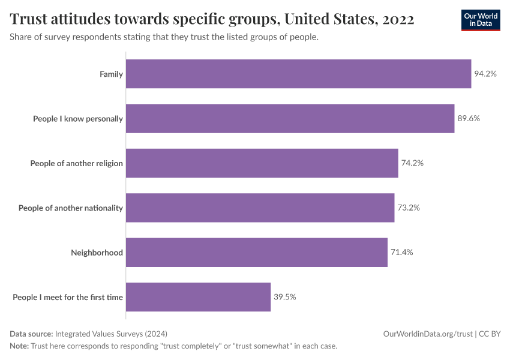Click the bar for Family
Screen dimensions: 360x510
[298, 74]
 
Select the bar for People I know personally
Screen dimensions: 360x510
[290, 119]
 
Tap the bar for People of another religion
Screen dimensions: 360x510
[262, 163]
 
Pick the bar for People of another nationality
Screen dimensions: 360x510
[260, 208]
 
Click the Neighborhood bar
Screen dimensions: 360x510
[256, 253]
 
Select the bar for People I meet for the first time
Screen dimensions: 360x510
[198, 297]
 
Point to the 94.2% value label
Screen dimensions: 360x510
[485, 74]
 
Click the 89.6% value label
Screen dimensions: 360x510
[469, 119]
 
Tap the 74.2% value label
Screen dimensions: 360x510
[412, 163]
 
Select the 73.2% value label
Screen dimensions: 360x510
[409, 208]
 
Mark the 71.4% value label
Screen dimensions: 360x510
[402, 253]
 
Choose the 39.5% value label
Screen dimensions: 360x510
[285, 297]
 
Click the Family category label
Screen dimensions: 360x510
[111, 74]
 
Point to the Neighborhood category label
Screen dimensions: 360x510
[97, 253]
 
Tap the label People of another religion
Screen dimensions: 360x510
[76, 163]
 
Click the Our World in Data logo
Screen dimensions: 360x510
[480, 20]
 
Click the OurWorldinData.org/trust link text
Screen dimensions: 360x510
[427, 334]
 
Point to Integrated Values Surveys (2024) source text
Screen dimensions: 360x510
[111, 334]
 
